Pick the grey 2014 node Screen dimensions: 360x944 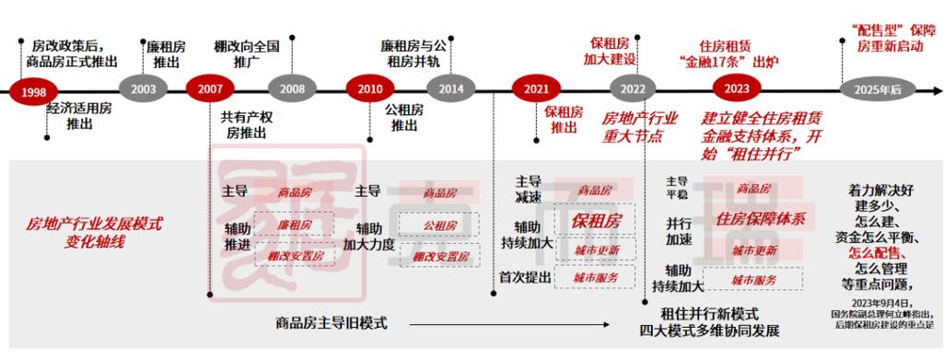[451, 89]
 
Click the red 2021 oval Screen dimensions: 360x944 [537, 89]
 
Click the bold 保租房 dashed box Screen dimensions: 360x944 [597, 221]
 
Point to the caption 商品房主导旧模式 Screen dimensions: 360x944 [332, 323]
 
